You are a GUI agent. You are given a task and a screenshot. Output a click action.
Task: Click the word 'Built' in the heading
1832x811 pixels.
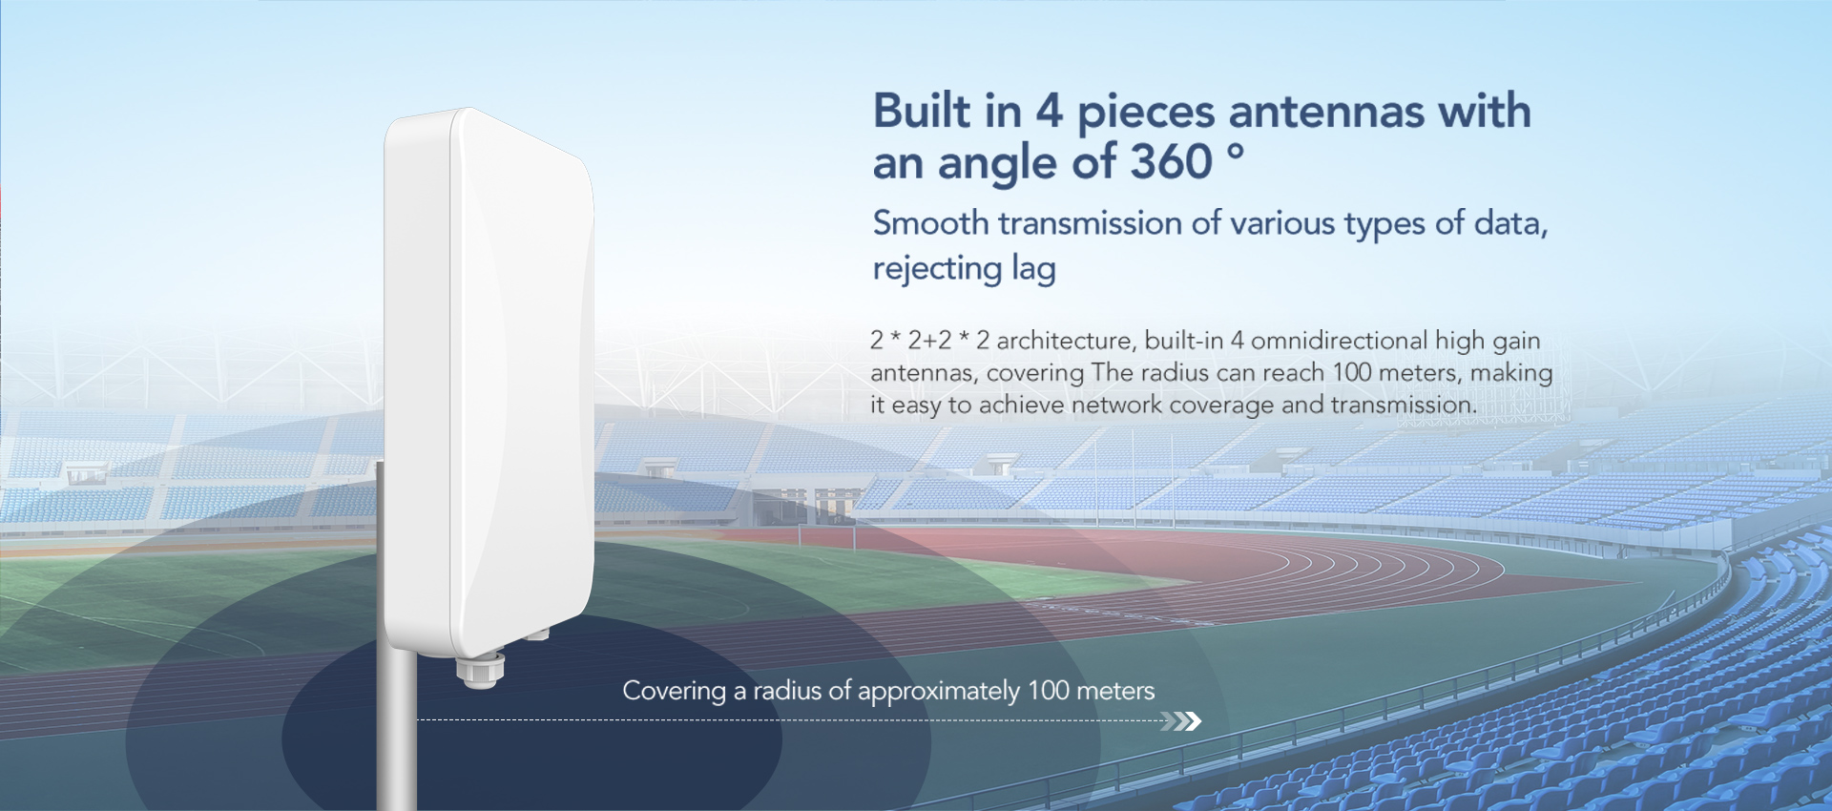tap(922, 111)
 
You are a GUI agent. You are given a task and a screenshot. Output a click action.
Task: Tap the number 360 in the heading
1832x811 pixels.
tap(1171, 161)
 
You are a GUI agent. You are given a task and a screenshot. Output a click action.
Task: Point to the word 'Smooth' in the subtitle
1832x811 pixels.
tap(931, 223)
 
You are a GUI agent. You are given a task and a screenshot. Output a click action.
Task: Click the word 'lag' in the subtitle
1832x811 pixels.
tap(1033, 270)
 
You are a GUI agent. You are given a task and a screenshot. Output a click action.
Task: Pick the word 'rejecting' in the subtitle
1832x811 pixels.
tap(937, 270)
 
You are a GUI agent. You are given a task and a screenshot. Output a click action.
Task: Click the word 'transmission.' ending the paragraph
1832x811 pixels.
tap(1404, 405)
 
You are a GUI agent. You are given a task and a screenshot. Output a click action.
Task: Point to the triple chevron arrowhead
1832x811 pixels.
tap(1181, 720)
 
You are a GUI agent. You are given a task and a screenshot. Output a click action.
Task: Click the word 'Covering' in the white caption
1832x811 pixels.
tap(675, 691)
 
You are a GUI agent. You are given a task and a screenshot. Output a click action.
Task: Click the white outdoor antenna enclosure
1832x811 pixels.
tap(489, 382)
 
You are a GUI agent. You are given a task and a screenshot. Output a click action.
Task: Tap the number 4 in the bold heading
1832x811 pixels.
tap(1050, 111)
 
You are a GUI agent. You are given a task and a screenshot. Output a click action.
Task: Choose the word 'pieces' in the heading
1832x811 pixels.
tap(1146, 114)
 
